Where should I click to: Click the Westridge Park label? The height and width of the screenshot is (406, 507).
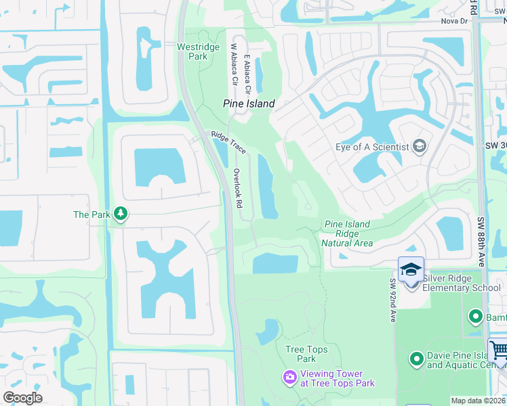coord(192,51)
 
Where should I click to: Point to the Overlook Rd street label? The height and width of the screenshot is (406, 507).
coord(237,187)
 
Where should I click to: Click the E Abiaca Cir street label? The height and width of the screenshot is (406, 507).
coord(248,75)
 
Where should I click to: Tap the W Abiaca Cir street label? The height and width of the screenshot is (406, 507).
coord(234,65)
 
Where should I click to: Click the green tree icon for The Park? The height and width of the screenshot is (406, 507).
coord(121,215)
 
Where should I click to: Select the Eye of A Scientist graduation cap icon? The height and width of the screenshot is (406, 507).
coord(420,147)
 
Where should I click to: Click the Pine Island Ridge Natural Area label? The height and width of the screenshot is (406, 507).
coord(347,233)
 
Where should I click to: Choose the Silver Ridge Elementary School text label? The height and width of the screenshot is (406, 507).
coord(462,283)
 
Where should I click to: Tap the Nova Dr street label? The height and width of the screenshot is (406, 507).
coord(455,21)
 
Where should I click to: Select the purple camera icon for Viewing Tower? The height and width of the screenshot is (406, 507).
coord(290,376)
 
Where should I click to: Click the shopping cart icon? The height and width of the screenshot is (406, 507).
coord(498,351)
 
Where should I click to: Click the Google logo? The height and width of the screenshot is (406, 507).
coord(22,398)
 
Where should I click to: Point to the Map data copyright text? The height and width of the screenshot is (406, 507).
coord(478,401)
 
